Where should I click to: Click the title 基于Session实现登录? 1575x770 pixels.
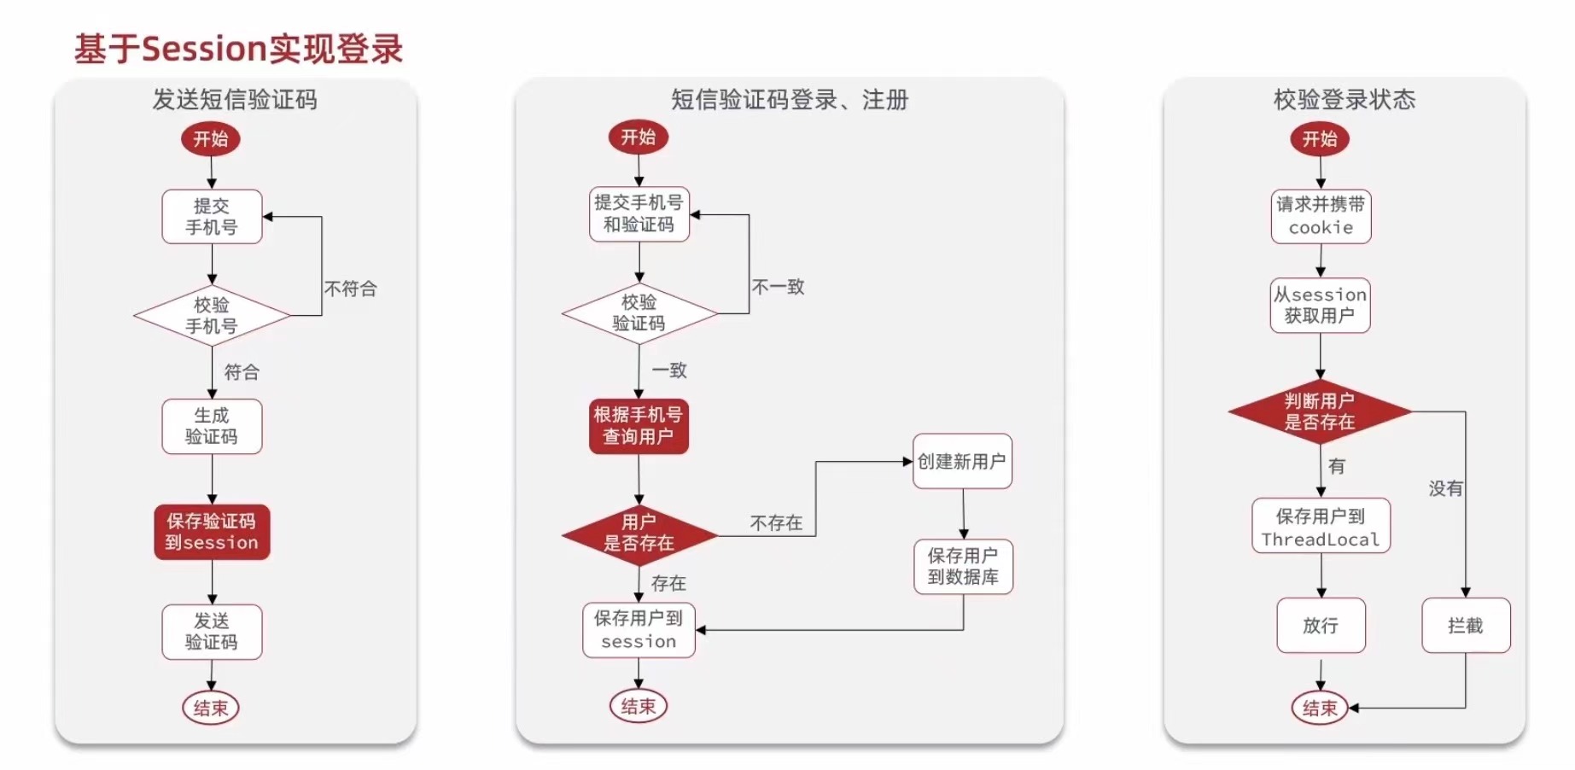[x=238, y=49]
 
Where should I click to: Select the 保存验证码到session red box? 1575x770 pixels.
[x=212, y=532]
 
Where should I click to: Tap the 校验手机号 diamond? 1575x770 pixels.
[x=212, y=316]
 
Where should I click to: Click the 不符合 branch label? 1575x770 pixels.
[x=350, y=289]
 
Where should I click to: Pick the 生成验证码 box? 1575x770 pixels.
[x=212, y=426]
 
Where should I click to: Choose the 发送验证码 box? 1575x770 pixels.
[x=212, y=632]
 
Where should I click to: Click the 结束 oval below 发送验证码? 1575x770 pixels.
[x=211, y=708]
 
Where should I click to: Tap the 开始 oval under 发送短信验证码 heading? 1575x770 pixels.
[x=211, y=139]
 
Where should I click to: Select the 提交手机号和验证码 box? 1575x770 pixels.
[x=639, y=213]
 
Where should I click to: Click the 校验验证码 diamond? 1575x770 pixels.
[x=639, y=313]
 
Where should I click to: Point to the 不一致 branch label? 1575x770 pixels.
[x=778, y=287]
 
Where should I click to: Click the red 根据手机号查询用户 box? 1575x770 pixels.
[x=639, y=426]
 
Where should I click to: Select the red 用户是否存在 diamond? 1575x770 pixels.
[x=639, y=534]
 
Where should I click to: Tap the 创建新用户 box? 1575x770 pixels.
[x=962, y=462]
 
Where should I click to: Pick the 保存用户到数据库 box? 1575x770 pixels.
[x=963, y=566]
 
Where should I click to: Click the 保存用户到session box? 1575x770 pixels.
[x=639, y=630]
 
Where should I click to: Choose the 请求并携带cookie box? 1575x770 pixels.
[x=1321, y=216]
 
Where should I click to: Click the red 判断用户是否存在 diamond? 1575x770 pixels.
[x=1320, y=411]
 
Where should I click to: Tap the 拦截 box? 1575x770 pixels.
[x=1466, y=626]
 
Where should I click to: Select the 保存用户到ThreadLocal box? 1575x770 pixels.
[x=1321, y=527]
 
